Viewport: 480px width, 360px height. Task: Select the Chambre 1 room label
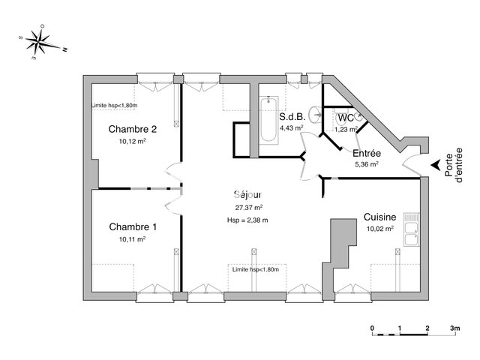(x=133, y=226)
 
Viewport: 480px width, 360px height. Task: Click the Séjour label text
(x=247, y=194)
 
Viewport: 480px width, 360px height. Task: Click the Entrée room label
(x=366, y=152)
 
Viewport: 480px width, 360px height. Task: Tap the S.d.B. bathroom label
(x=291, y=117)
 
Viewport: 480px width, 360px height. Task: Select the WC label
(x=345, y=118)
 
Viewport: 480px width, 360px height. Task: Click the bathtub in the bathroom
(x=268, y=120)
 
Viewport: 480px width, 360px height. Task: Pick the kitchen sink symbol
(x=410, y=228)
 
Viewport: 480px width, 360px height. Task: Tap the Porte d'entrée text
(x=454, y=165)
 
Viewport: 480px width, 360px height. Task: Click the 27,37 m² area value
(x=248, y=207)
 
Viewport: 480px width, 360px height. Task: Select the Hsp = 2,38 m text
(x=247, y=220)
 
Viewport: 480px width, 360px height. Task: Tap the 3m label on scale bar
(x=454, y=328)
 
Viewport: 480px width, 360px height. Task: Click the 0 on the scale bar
(x=373, y=328)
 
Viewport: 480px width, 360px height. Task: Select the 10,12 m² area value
(x=132, y=140)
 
